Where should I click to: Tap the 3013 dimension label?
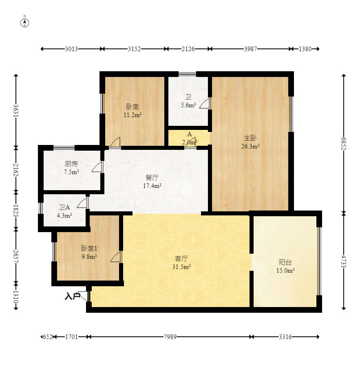coord(71,49)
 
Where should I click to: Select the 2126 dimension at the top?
coord(188,49)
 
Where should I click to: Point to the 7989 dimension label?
coord(170,337)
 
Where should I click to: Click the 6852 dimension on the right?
coord(344,144)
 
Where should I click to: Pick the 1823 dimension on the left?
coord(15,211)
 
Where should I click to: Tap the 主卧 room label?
coord(250,138)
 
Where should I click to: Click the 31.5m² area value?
coord(181,267)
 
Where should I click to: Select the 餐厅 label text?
coord(152,178)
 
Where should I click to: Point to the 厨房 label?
coord(71,164)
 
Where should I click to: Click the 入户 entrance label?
coord(72,296)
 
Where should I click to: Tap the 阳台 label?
coord(285,262)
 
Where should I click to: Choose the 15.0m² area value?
coord(285,271)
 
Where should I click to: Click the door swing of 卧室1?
coord(116,257)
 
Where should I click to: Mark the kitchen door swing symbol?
coord(97,167)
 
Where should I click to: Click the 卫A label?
coord(64,208)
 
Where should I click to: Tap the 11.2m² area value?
coord(133,114)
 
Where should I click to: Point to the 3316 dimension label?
coord(285,337)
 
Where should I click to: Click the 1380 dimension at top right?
coord(305,49)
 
